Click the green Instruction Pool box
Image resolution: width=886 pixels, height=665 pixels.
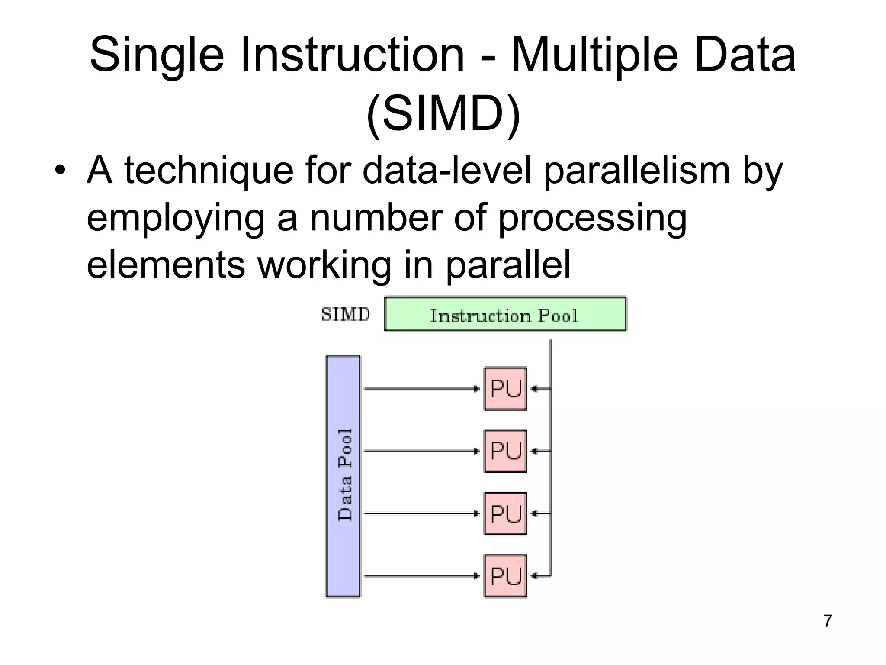coord(505,314)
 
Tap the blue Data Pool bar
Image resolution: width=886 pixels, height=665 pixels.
coord(343,476)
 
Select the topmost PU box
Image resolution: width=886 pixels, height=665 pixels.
coord(505,389)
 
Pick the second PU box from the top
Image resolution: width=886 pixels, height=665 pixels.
coord(505,451)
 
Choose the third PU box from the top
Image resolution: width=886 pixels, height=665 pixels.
coord(505,513)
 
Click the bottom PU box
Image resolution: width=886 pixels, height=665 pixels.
coord(505,576)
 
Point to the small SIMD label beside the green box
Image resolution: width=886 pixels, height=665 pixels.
coord(345,314)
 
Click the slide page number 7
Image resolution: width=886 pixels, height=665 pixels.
coord(828,621)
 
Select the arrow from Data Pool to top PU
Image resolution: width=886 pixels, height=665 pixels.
coord(422,389)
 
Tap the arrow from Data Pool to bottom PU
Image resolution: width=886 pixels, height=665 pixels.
coord(422,576)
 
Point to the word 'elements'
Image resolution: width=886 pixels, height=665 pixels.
coord(166,265)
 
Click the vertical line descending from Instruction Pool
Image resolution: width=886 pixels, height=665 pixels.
coord(551,455)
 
